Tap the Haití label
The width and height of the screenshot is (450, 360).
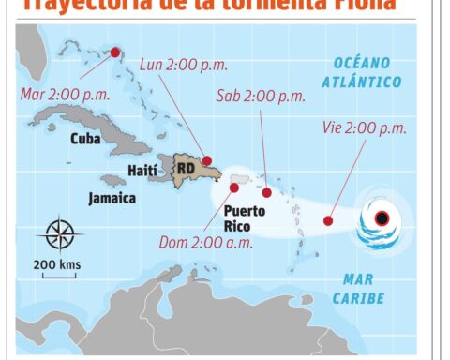(142, 172)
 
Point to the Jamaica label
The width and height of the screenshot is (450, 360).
(112, 199)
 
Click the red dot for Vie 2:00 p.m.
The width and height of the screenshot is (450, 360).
(328, 221)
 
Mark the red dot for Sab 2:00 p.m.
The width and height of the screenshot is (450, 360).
(267, 193)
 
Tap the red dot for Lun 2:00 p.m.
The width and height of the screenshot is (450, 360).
(207, 160)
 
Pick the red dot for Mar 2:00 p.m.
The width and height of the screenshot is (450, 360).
(115, 53)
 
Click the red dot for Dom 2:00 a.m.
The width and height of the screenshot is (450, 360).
(233, 187)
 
